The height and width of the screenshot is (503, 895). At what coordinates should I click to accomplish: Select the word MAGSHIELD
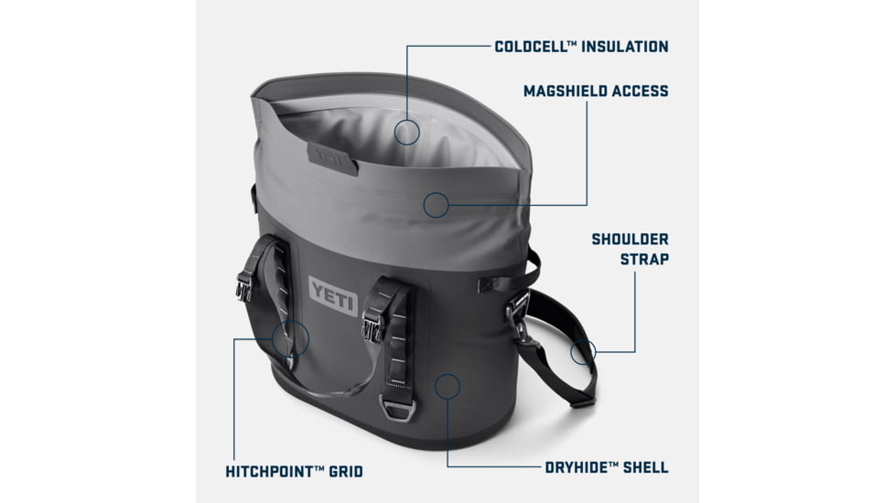pos(566,91)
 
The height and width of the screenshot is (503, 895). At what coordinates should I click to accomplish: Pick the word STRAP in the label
pos(645,259)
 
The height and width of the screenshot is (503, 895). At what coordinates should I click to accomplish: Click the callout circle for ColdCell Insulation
pos(407,133)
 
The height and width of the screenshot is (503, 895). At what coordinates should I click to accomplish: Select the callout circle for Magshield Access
pos(437,205)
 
